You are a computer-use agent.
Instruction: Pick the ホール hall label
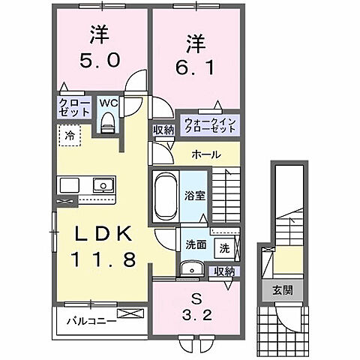tap(205, 154)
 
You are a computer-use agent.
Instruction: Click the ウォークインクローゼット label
tap(209, 123)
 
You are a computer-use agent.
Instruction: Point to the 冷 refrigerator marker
tap(68, 136)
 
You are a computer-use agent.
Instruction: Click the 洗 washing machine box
tap(223, 245)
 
